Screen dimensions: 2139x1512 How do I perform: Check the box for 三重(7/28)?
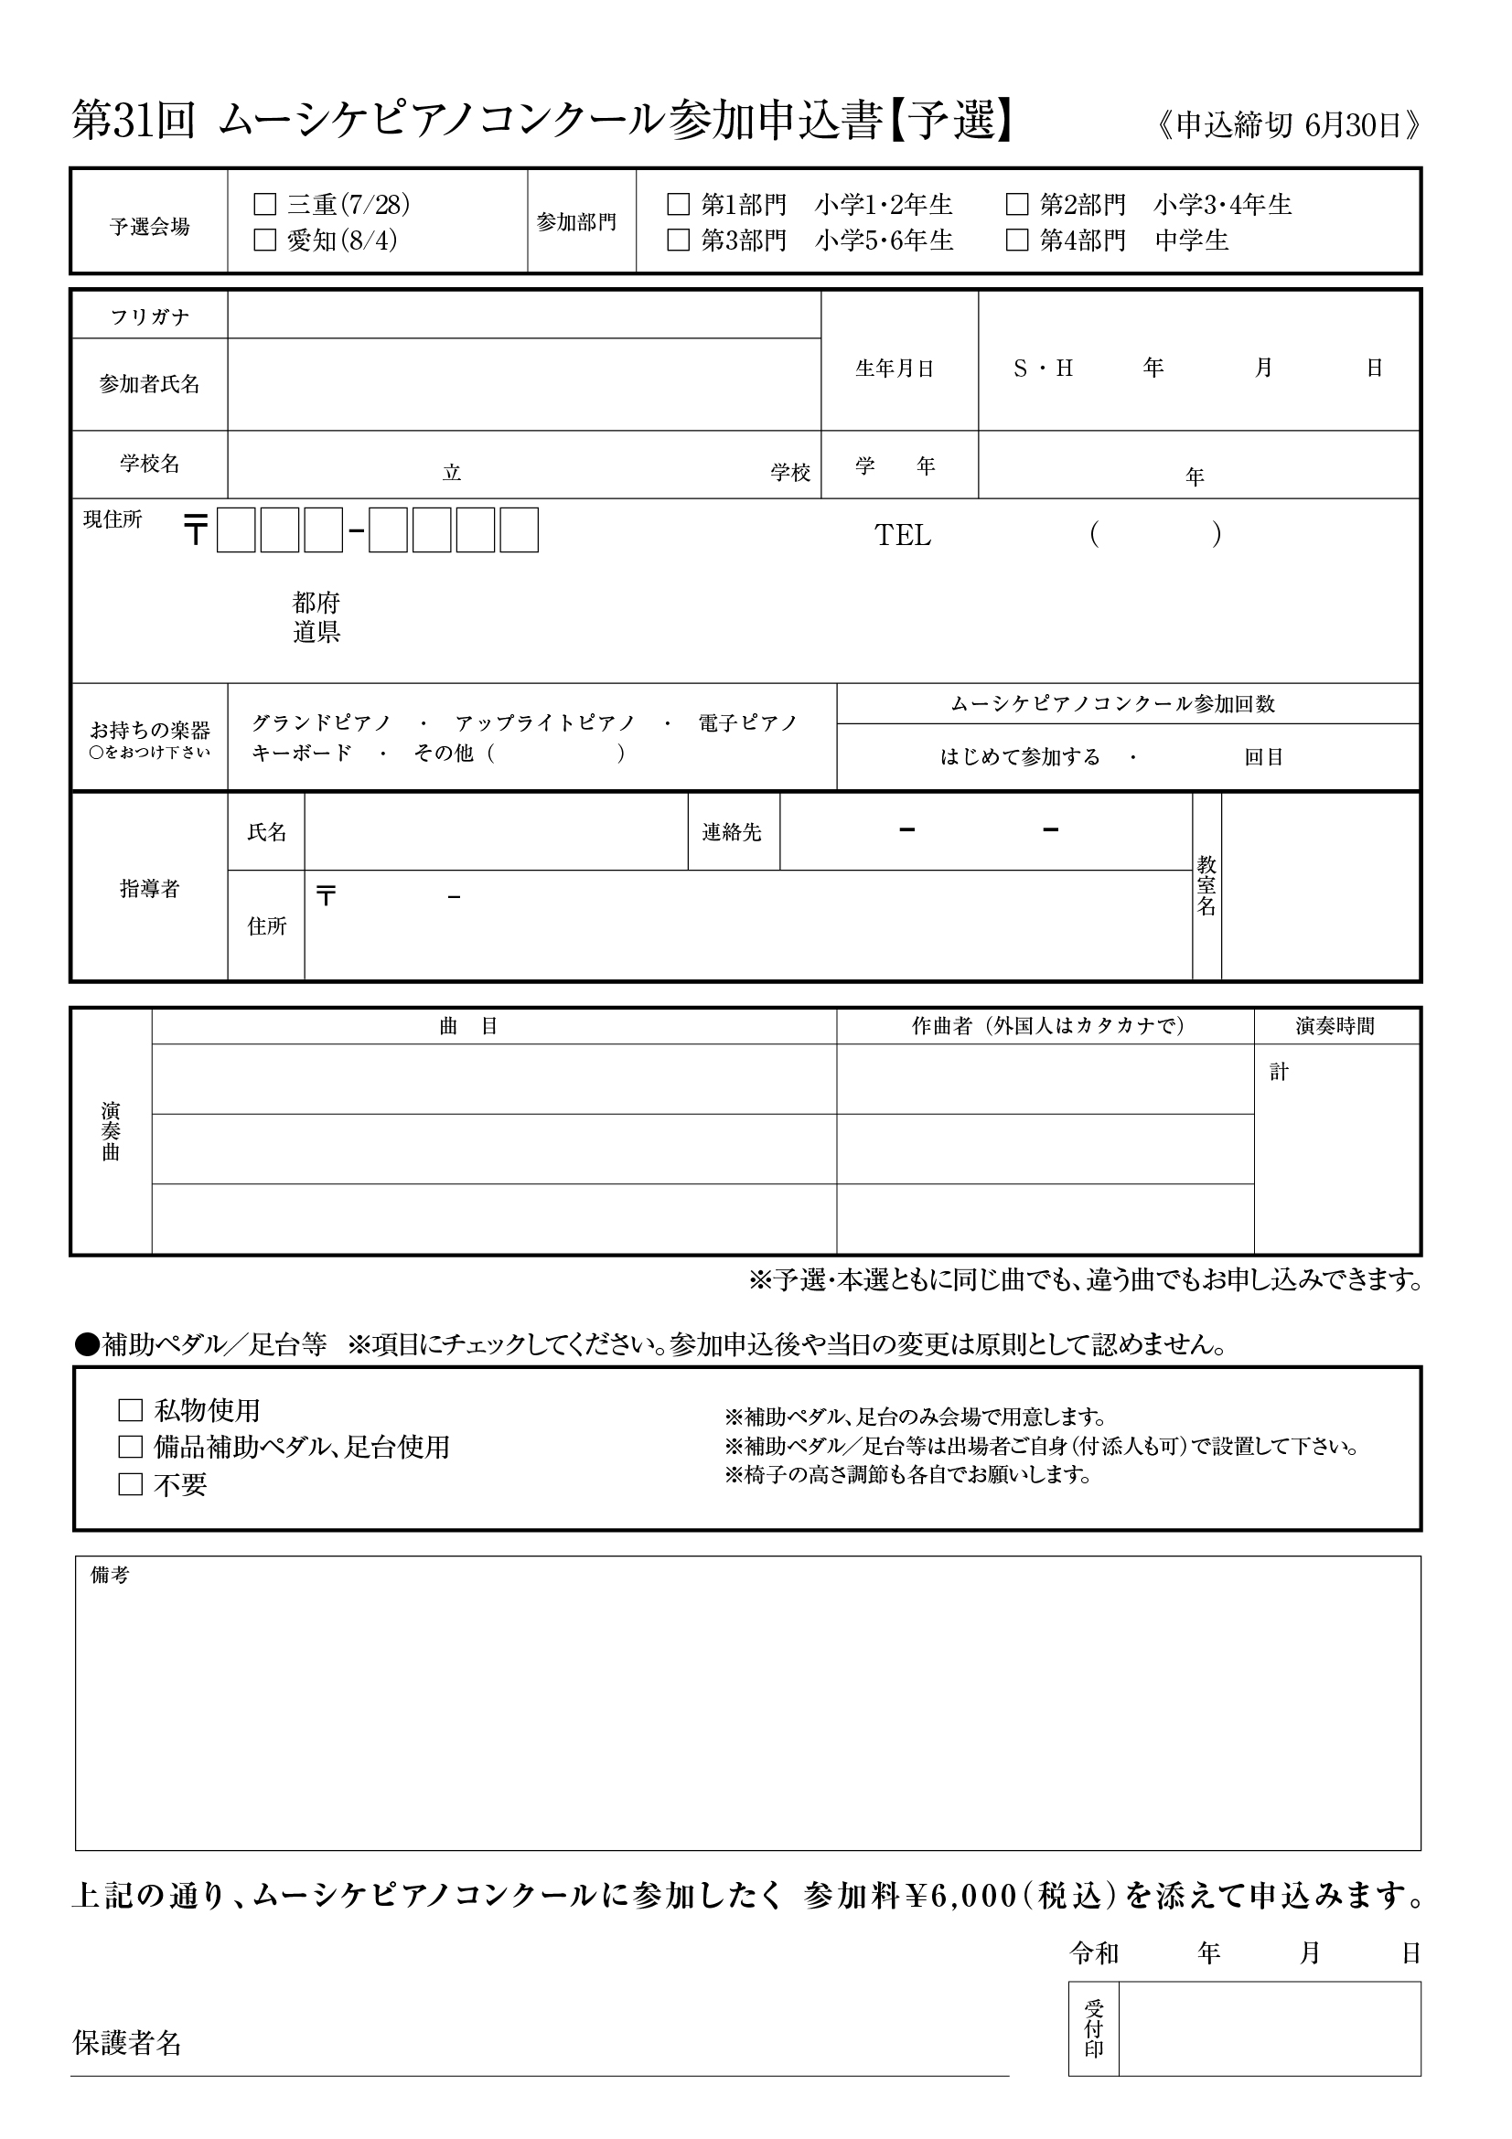(265, 204)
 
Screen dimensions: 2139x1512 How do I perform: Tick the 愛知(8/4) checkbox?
(265, 241)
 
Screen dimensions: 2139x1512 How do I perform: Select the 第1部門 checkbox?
(678, 204)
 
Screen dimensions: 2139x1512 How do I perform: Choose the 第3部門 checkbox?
(678, 241)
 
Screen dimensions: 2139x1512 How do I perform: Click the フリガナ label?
(149, 316)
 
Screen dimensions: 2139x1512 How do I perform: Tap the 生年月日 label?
(895, 369)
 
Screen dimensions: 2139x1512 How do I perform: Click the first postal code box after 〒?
(236, 530)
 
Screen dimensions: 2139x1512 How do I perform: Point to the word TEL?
(903, 536)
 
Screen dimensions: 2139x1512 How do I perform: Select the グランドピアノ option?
(321, 723)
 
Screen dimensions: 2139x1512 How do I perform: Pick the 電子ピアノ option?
(748, 723)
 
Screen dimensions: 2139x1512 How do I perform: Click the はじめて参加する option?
(1020, 757)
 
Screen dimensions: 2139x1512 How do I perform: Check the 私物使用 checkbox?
(131, 1410)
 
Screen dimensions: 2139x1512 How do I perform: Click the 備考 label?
(110, 1576)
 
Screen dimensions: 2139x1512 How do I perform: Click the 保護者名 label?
(127, 2043)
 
